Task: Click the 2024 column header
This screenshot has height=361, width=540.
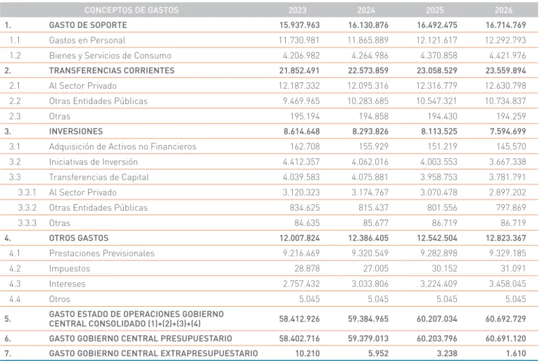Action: click(x=366, y=10)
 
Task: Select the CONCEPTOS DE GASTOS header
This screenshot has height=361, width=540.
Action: click(x=132, y=10)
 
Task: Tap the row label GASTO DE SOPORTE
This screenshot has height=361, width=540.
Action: click(x=88, y=25)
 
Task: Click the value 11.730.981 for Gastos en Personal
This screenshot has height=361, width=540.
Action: click(x=299, y=40)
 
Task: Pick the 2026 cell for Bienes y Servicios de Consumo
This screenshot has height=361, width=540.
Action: click(x=508, y=56)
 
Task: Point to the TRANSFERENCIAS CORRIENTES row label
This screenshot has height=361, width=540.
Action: click(x=111, y=70)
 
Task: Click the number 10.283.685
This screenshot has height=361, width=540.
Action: click(x=368, y=101)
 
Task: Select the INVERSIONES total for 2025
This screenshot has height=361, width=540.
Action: click(x=439, y=132)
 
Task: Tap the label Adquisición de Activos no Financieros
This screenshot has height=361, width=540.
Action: click(x=123, y=146)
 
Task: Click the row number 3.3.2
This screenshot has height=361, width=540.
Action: click(x=27, y=208)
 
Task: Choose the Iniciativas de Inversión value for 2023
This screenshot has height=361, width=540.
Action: click(x=301, y=162)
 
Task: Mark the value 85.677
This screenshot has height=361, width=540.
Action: click(x=375, y=223)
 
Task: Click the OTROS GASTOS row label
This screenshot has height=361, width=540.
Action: click(x=79, y=238)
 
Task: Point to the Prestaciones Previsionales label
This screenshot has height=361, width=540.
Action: click(x=101, y=253)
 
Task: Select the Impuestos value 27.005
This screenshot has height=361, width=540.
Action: click(x=375, y=268)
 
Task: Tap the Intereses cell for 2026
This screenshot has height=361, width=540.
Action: click(x=508, y=284)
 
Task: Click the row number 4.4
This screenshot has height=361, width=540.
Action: click(x=15, y=299)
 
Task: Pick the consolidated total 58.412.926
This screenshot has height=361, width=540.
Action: click(x=299, y=319)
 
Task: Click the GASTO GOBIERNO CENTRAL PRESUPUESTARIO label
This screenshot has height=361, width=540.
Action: click(x=141, y=338)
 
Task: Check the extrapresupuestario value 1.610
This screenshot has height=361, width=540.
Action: click(x=515, y=353)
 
